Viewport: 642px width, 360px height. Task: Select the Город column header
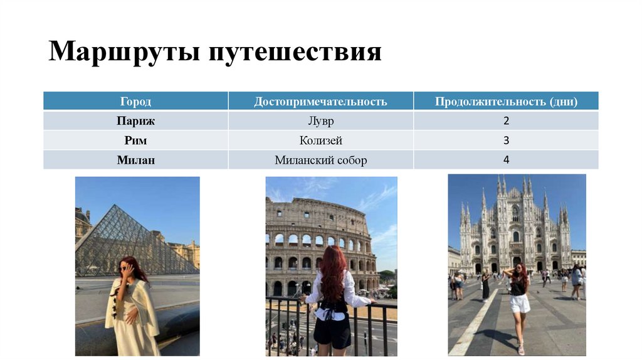click(x=135, y=102)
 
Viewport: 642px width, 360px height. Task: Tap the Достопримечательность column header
click(x=320, y=102)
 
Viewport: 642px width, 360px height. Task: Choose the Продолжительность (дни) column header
click(x=506, y=102)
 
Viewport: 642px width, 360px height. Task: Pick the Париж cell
click(x=135, y=120)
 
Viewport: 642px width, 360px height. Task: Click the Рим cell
click(x=135, y=140)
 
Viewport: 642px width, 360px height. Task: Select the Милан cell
click(x=135, y=160)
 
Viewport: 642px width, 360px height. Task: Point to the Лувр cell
click(x=320, y=120)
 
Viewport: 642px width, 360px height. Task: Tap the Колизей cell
click(x=320, y=140)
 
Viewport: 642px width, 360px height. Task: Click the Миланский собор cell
click(x=320, y=160)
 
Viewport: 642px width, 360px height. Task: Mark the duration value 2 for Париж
click(x=506, y=120)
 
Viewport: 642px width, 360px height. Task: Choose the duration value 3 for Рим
click(x=506, y=140)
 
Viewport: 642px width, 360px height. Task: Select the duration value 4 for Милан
click(x=506, y=160)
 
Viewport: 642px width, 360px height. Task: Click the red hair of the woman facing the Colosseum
click(x=332, y=273)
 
